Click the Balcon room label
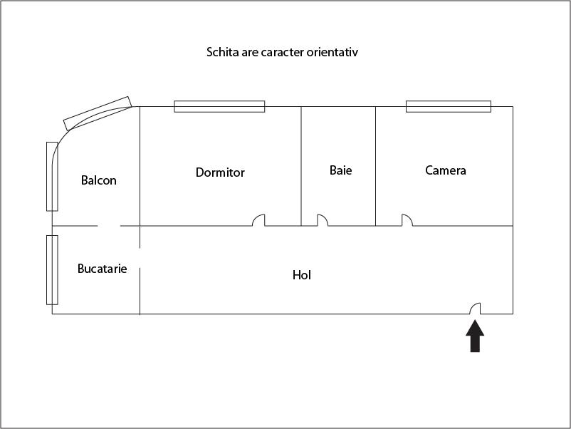tap(99, 180)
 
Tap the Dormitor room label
tap(220, 172)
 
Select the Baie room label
tap(341, 170)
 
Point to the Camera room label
tap(446, 170)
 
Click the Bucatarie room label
tap(103, 269)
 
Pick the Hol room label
tap(302, 275)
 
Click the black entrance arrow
tap(475, 336)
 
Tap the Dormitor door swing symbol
tap(259, 220)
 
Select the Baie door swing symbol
tap(323, 220)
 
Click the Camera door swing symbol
tap(407, 220)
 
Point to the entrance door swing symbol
tap(475, 309)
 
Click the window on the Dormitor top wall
tap(219, 106)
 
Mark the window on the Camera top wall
tap(449, 106)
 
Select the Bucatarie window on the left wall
tap(52, 269)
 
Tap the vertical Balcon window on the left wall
tap(52, 177)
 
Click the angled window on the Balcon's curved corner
tap(98, 113)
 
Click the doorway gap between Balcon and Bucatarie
tap(109, 226)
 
